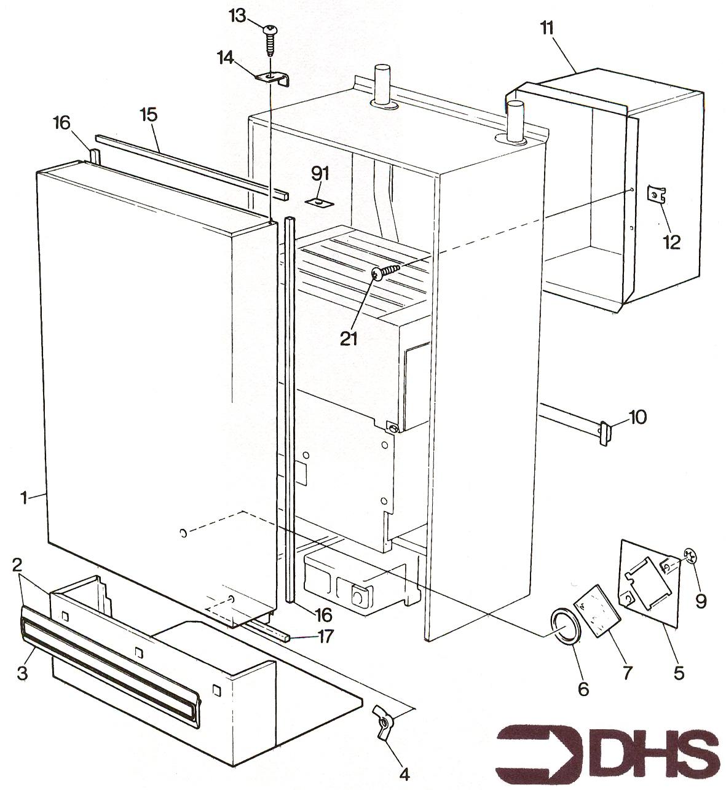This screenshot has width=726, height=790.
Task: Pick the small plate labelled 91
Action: [x=319, y=203]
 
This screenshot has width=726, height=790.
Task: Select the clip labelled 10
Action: [x=606, y=433]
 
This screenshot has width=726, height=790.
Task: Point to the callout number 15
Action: [x=148, y=115]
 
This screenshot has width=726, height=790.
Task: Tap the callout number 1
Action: [x=25, y=498]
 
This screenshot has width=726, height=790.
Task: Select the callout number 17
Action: [x=325, y=636]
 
